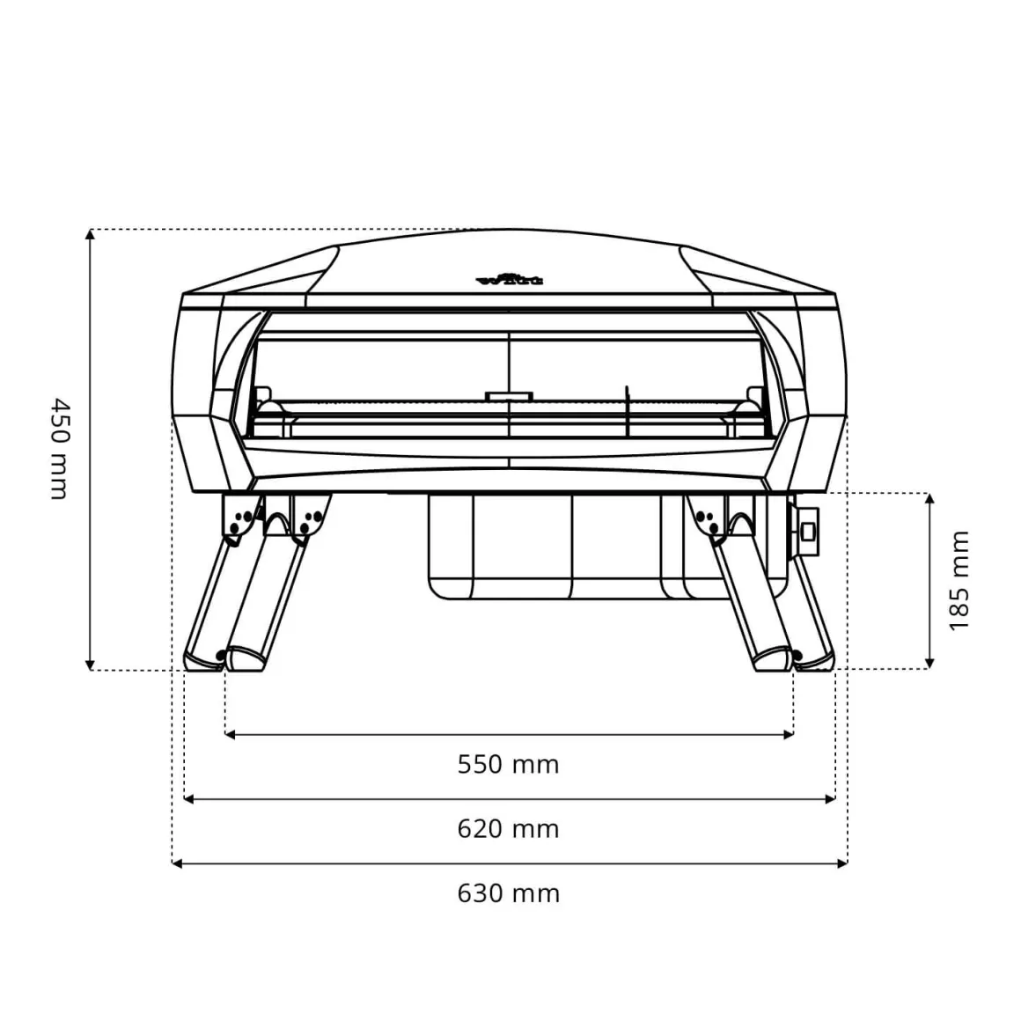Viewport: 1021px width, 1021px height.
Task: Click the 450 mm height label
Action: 58,449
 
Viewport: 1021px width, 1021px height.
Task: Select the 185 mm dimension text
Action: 959,580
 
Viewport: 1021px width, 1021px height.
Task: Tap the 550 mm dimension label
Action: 508,764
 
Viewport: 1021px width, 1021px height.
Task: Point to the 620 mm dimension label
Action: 508,829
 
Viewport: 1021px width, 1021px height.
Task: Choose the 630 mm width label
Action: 508,893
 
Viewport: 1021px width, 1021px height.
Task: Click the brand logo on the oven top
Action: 510,279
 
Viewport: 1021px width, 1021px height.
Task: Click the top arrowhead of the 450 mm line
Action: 90,234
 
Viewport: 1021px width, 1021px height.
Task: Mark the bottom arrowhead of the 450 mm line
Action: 90,665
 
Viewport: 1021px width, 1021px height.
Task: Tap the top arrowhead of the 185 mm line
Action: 929,499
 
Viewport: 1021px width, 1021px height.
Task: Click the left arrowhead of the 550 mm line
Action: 231,734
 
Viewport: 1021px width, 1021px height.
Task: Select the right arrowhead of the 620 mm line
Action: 830,799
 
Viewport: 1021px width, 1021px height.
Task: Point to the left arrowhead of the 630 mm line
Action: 177,864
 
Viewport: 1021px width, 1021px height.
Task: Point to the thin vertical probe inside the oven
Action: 626,411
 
